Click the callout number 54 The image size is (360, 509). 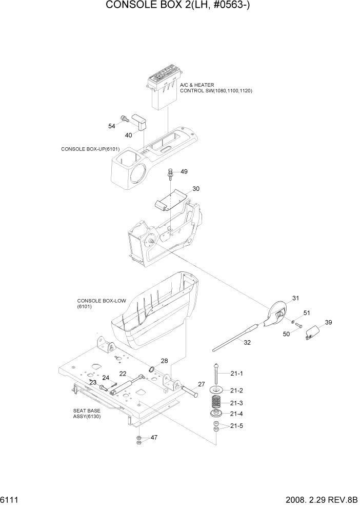(x=111, y=126)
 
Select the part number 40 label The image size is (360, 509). (x=128, y=135)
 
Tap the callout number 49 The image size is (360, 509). (x=184, y=171)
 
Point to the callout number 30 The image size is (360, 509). (x=196, y=189)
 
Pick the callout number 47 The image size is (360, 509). (x=153, y=438)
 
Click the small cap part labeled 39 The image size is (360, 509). (x=311, y=334)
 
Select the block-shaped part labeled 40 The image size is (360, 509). (x=140, y=123)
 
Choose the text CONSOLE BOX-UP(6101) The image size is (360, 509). (x=90, y=149)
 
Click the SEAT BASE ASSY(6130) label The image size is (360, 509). (x=87, y=414)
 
